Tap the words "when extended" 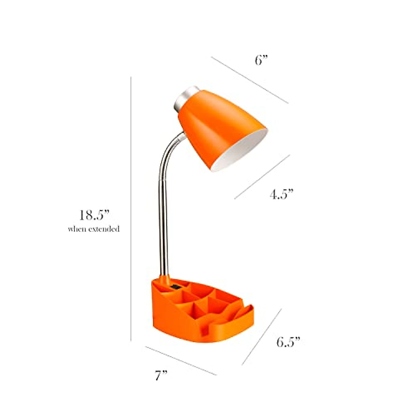coord(93,229)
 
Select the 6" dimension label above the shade coord(261,61)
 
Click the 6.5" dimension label coord(288,342)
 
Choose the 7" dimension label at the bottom coord(161,376)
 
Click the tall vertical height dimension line coord(131,207)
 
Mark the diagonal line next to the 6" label coord(249,80)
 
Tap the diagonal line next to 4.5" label coord(262,177)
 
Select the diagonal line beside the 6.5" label coord(261,336)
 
